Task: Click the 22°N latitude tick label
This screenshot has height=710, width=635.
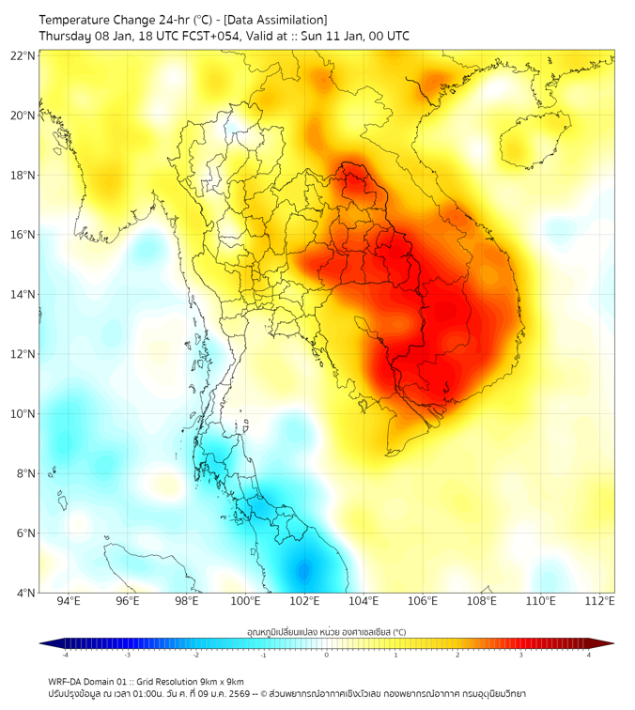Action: pyautogui.click(x=23, y=56)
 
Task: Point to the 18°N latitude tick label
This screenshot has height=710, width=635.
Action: pyautogui.click(x=23, y=176)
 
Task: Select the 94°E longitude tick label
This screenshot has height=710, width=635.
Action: pyautogui.click(x=69, y=601)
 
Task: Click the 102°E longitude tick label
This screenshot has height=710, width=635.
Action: pyautogui.click(x=305, y=601)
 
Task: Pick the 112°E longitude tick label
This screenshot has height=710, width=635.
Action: pyautogui.click(x=600, y=601)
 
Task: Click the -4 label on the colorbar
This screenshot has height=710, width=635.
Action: pyautogui.click(x=65, y=655)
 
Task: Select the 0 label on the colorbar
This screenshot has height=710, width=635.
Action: pyautogui.click(x=327, y=655)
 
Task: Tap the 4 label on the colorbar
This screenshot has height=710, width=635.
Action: pyautogui.click(x=588, y=655)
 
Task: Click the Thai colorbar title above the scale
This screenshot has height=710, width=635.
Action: pyautogui.click(x=326, y=632)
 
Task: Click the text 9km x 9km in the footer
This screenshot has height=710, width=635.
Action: pyautogui.click(x=222, y=681)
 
